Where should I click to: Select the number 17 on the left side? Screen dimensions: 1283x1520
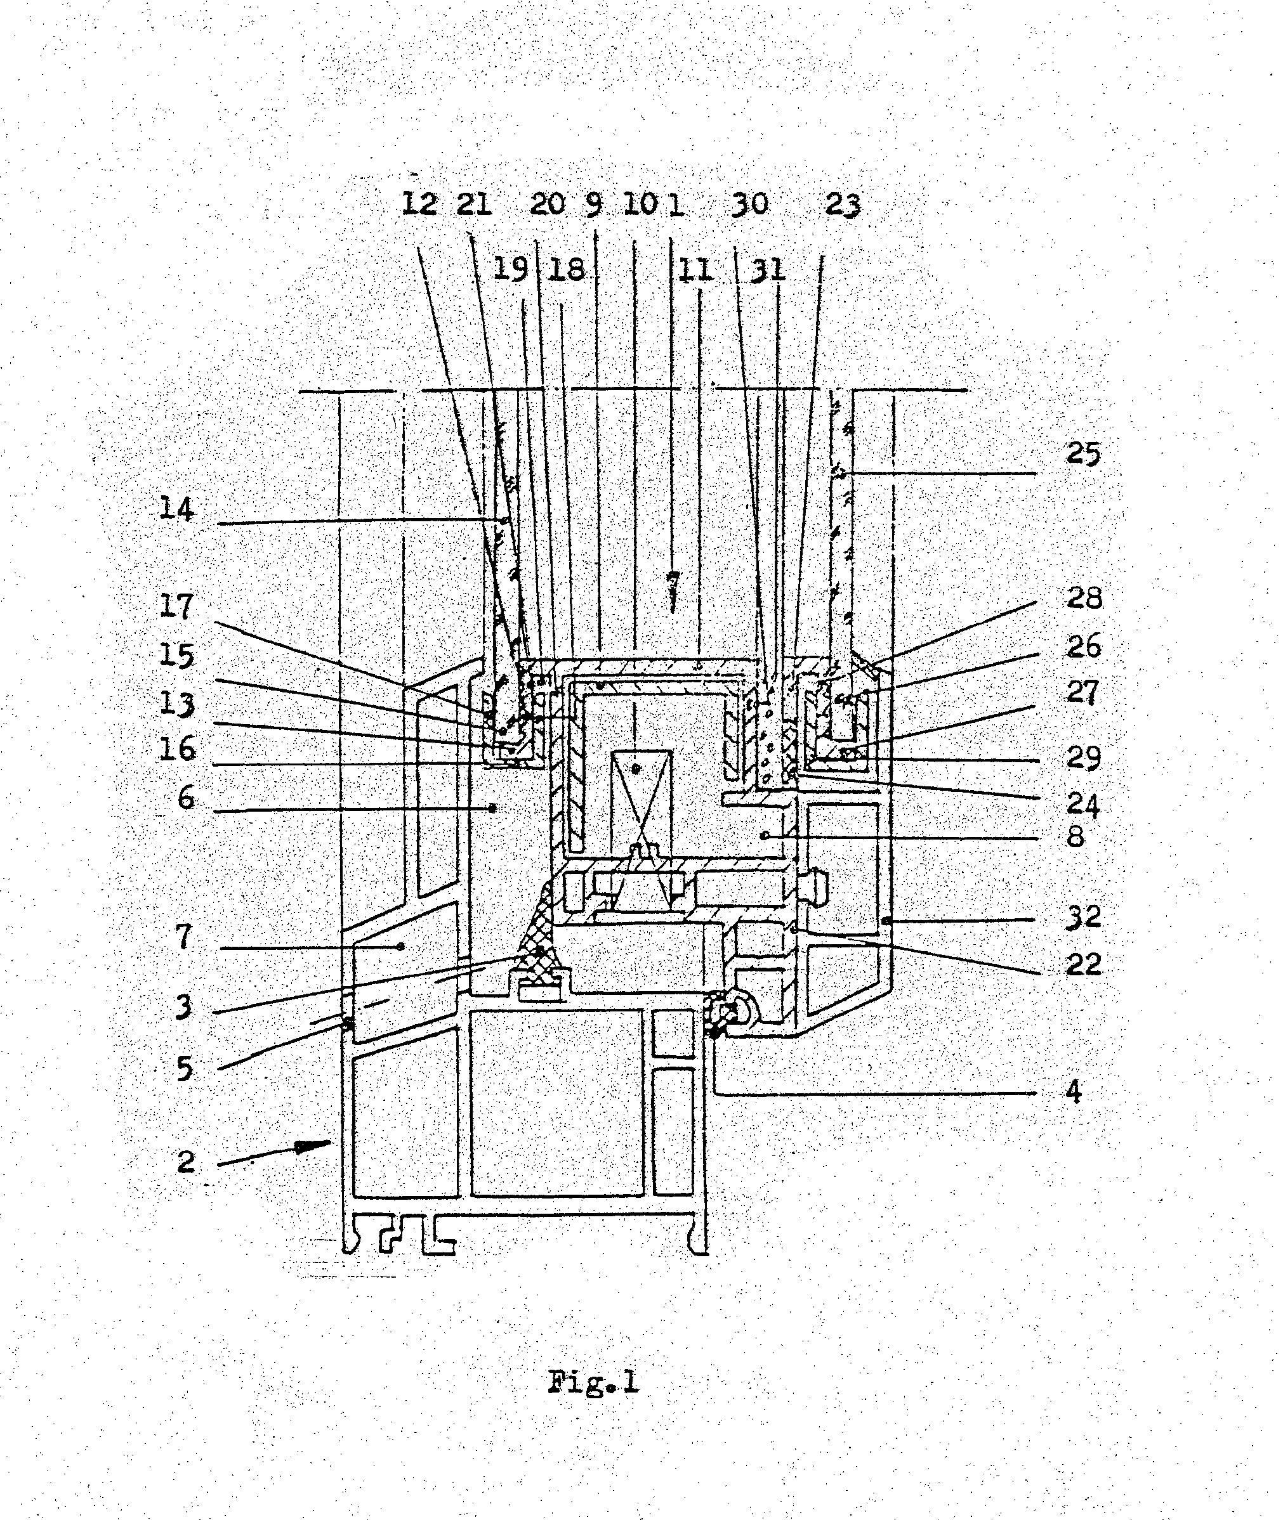tap(178, 606)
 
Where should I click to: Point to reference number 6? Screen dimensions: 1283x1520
tap(186, 798)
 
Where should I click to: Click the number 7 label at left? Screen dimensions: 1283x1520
tap(185, 937)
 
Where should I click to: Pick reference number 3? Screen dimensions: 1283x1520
tap(185, 1007)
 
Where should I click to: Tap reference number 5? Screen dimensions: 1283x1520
tap(185, 1069)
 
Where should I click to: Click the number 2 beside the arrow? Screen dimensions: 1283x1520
tap(186, 1162)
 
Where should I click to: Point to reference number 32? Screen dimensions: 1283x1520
tap(1084, 917)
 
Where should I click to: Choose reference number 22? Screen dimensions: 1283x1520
tap(1084, 965)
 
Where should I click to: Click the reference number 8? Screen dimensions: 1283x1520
tap(1075, 836)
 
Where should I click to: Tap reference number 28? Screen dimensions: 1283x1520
tap(1084, 598)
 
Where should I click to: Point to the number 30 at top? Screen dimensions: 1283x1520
tap(750, 204)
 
